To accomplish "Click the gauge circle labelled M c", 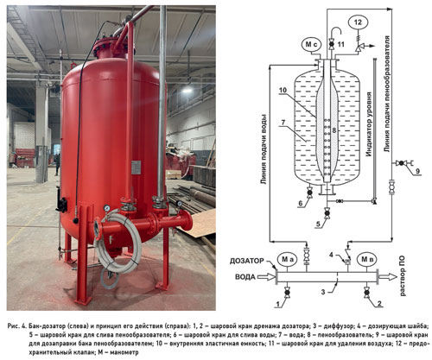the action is click(311, 45).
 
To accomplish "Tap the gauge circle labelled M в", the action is click(366, 259).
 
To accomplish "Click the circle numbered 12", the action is click(358, 22).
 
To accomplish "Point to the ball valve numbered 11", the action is click(332, 44).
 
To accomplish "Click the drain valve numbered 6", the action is click(310, 192).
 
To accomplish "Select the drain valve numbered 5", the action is click(327, 213).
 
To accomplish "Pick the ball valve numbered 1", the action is click(287, 293).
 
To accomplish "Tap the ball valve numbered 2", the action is click(366, 293).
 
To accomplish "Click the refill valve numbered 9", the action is click(401, 163).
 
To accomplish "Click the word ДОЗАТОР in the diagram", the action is click(247, 261).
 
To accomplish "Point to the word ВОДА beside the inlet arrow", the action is click(245, 277).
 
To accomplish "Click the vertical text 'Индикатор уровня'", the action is click(369, 124).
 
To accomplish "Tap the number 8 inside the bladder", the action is click(334, 130).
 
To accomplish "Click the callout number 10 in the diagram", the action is click(283, 90).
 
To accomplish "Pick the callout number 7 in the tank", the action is click(283, 123).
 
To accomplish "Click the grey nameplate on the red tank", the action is click(136, 167).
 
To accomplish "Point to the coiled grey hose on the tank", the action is click(118, 243).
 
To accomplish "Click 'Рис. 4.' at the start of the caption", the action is click(17, 326).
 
